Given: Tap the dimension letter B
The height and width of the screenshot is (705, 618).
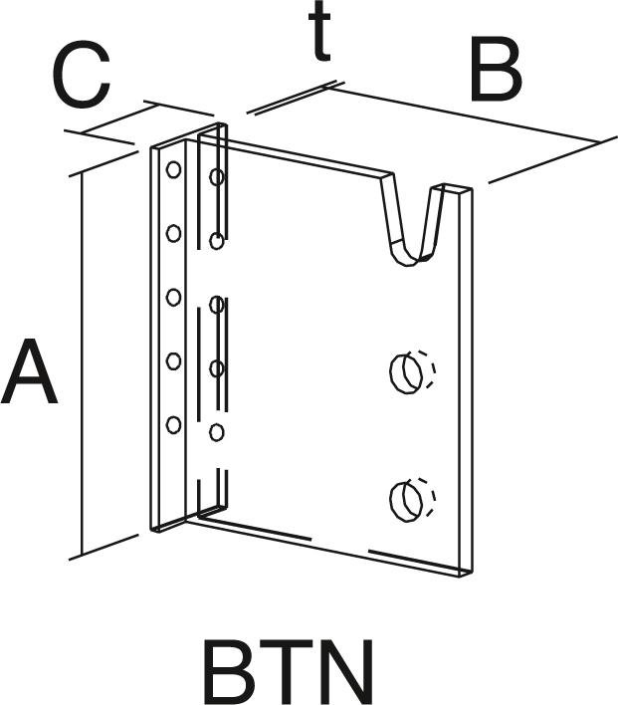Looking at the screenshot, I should pyautogui.click(x=495, y=72).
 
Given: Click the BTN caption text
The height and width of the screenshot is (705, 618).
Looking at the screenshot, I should pyautogui.click(x=289, y=673).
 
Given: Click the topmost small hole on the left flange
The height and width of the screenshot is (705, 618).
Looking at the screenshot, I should pyautogui.click(x=173, y=169).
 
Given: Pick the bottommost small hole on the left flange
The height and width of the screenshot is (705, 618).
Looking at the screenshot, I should pyautogui.click(x=173, y=425).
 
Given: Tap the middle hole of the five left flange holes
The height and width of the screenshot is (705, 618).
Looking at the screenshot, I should pyautogui.click(x=173, y=297).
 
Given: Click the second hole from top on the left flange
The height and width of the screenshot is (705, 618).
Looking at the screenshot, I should pyautogui.click(x=173, y=233).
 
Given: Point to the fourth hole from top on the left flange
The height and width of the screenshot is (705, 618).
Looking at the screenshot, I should pyautogui.click(x=173, y=361).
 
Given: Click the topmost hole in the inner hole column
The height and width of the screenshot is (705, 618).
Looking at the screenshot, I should pyautogui.click(x=216, y=177).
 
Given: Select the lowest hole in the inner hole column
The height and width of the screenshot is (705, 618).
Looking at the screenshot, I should pyautogui.click(x=216, y=432).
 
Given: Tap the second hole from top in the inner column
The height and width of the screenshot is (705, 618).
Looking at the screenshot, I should pyautogui.click(x=216, y=241).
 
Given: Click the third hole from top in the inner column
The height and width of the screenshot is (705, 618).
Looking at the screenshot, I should pyautogui.click(x=216, y=368).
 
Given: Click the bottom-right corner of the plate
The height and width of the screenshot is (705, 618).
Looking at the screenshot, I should pyautogui.click(x=469, y=575).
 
